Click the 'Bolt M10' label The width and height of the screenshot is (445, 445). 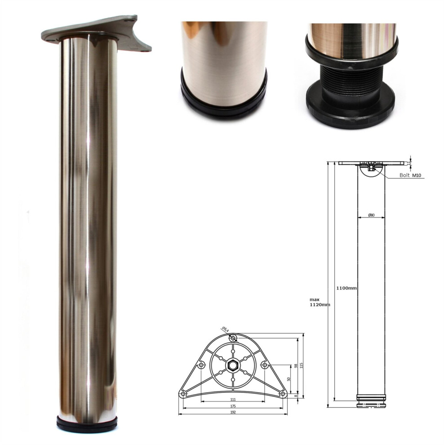click(409, 176)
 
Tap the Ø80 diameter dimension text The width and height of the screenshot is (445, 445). click(371, 215)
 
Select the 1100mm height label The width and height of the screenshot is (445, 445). click(347, 288)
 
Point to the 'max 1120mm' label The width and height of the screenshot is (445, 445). click(320, 302)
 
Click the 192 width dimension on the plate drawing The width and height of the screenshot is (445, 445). click(233, 412)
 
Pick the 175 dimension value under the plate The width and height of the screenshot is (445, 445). click(233, 405)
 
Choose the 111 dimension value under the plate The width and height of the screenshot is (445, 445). click(233, 399)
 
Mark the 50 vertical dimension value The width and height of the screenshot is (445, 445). click(289, 379)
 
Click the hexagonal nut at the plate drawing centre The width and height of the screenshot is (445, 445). click(233, 365)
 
